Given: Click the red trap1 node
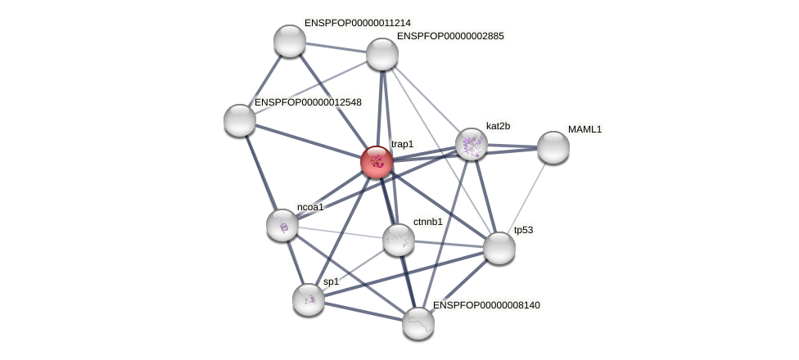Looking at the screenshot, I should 377,162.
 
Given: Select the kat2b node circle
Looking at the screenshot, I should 472,144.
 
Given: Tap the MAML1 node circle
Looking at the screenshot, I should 553,147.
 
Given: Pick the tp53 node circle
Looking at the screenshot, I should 499,247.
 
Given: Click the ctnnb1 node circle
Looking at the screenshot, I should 399,239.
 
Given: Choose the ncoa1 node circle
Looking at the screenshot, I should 282,225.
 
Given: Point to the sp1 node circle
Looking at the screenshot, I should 309,299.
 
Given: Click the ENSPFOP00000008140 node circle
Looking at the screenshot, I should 418,322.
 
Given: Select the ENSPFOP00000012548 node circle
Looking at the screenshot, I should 240,120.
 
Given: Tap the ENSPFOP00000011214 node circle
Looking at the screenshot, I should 289,41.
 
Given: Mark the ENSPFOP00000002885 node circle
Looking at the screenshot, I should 382,54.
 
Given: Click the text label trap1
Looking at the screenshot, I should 402,145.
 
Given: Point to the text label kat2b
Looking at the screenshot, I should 498,126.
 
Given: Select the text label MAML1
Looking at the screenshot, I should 585,129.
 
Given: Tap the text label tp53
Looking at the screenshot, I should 523,230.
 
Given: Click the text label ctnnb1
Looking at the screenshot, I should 427,222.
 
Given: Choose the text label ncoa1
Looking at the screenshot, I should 310,207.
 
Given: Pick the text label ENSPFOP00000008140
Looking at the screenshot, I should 486,305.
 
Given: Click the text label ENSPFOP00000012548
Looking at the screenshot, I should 308,102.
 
